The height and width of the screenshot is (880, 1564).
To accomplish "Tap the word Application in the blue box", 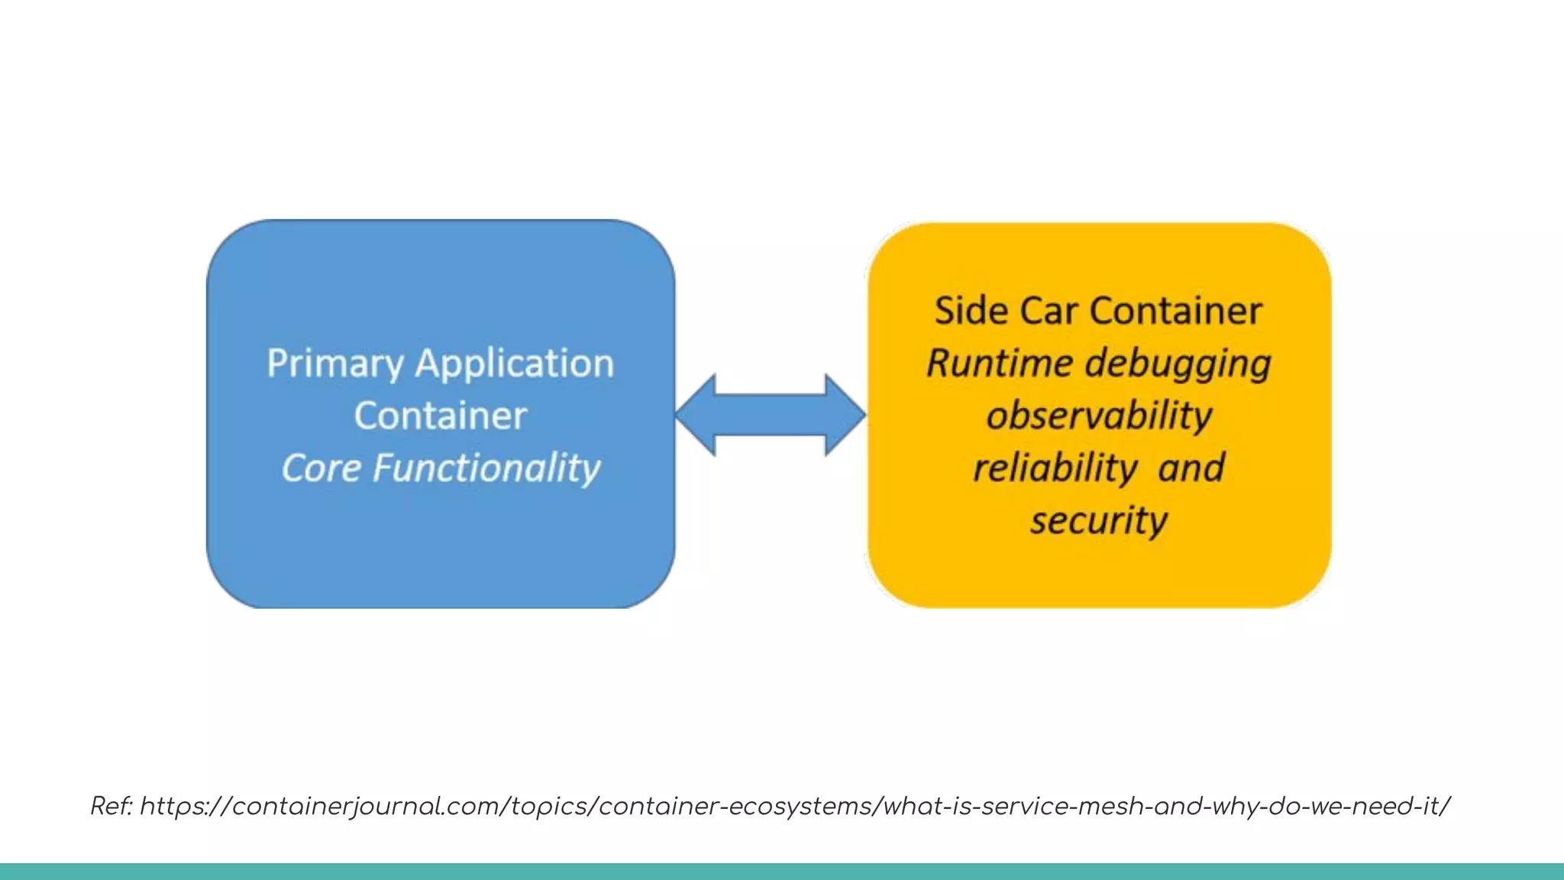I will coord(514,364).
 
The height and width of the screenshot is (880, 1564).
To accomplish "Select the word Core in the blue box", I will coord(320,467).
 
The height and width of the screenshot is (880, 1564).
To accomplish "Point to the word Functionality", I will coord(486,467).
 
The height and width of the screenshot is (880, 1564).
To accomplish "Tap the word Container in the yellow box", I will coord(1175,311).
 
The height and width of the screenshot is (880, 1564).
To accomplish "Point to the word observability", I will coord(1099,416).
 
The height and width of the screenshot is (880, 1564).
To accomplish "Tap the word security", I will coord(1099,520).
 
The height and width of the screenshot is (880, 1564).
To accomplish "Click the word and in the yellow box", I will coord(1191,467).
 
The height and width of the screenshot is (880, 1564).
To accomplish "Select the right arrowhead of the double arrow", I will coord(845,415).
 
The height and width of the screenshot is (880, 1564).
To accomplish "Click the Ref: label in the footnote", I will coord(111,806).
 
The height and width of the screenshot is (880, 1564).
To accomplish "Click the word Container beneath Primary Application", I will coord(441,416).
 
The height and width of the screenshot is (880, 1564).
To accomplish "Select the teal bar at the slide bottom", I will coord(782,872).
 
